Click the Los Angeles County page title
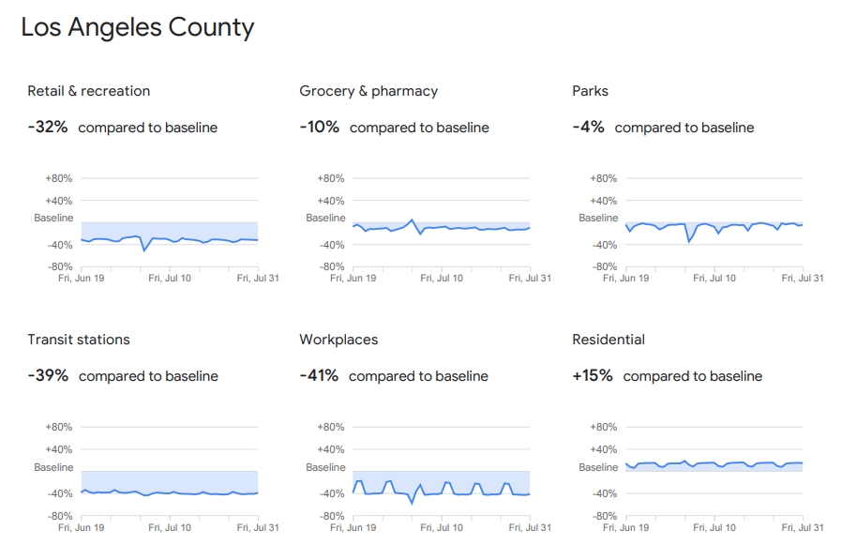click(137, 28)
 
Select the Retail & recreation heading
click(88, 91)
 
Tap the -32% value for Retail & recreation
click(48, 127)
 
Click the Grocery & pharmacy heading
click(368, 91)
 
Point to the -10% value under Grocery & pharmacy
click(320, 127)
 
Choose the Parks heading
click(590, 91)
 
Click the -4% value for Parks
click(588, 127)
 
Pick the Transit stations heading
click(79, 340)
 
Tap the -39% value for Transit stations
click(48, 375)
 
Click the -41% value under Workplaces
click(319, 375)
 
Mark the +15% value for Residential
click(593, 375)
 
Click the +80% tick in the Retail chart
click(58, 178)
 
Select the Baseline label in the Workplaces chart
click(325, 467)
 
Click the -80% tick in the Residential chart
click(605, 516)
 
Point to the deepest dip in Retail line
click(143, 250)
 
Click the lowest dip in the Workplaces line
click(412, 503)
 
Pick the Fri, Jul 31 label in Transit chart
click(258, 527)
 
